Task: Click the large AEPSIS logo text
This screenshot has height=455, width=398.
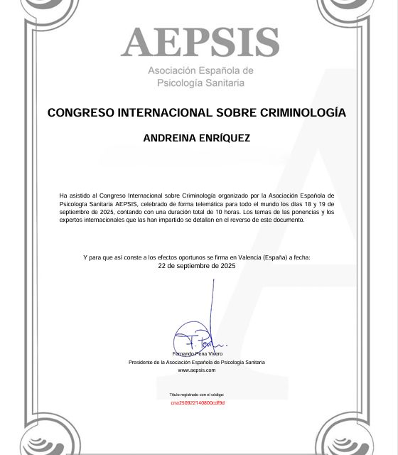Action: tap(200, 43)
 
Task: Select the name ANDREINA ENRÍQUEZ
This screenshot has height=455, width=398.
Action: tap(196, 138)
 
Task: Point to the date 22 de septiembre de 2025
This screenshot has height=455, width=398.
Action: tap(196, 265)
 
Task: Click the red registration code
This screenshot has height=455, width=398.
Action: tap(197, 403)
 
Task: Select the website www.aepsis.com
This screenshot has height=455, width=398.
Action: tap(196, 370)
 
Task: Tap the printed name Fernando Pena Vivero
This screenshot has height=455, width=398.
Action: tap(197, 353)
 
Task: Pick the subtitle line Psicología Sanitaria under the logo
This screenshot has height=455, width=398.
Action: tap(200, 83)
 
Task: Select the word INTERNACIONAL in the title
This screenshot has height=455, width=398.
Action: tap(163, 112)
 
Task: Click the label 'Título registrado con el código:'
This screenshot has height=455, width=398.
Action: tap(196, 394)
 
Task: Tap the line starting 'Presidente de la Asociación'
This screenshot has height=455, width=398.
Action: tap(196, 362)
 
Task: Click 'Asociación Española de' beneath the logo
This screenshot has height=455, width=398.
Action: tap(200, 71)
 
